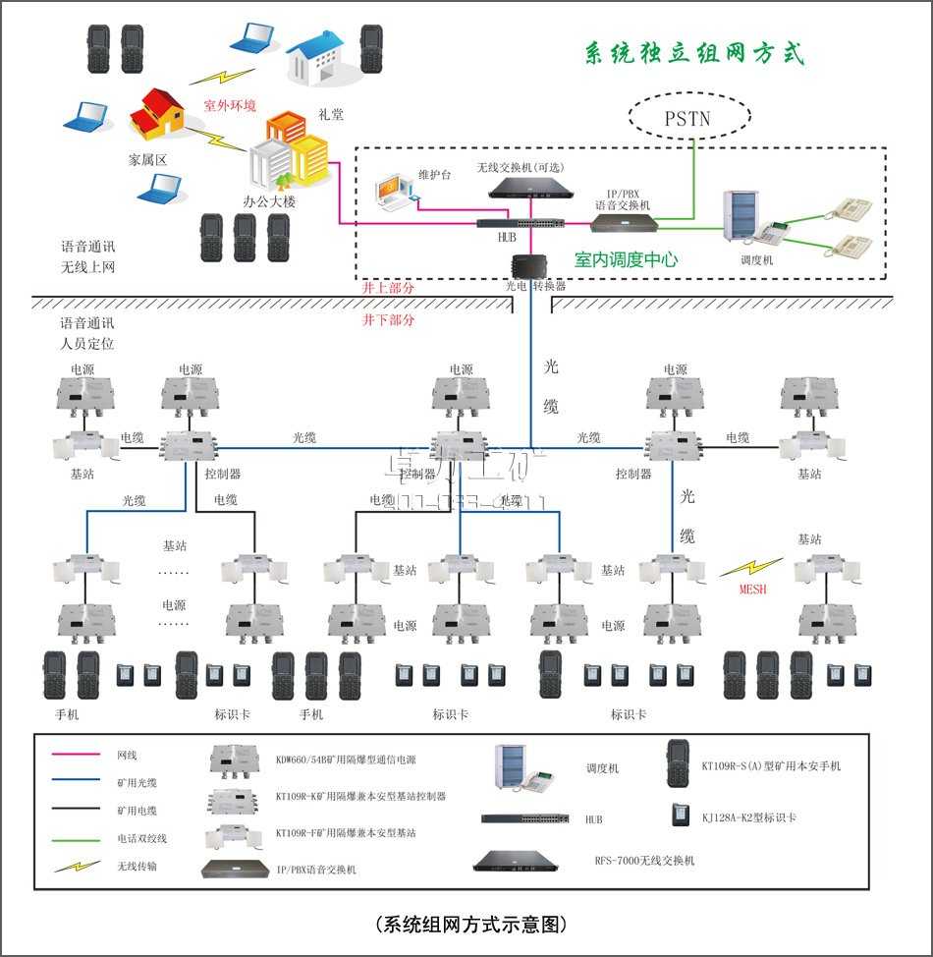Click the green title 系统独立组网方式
click(x=694, y=53)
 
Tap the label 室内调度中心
click(x=626, y=260)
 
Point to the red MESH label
click(x=752, y=591)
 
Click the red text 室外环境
click(x=229, y=104)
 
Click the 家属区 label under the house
click(x=149, y=158)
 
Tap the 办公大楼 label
click(x=269, y=201)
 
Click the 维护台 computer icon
click(x=396, y=193)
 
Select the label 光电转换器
click(x=535, y=286)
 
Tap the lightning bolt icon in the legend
click(x=77, y=867)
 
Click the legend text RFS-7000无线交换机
click(x=644, y=861)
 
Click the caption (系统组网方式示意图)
click(x=470, y=925)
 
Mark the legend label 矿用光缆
click(x=137, y=783)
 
